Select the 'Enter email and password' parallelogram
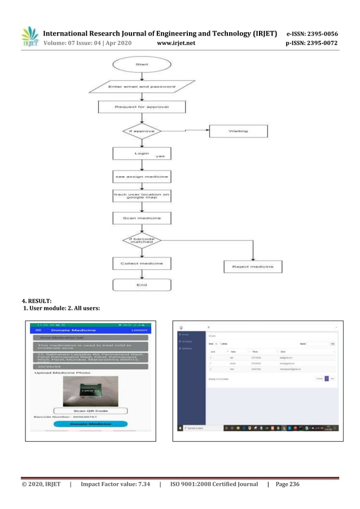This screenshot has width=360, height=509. click(x=141, y=88)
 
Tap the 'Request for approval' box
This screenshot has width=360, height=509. click(x=141, y=107)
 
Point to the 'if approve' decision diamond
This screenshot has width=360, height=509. click(x=141, y=131)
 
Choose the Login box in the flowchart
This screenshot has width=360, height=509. click(x=141, y=153)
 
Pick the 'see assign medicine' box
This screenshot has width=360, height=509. click(x=141, y=177)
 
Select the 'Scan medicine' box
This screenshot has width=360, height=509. click(x=141, y=218)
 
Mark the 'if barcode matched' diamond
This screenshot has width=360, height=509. click(x=141, y=241)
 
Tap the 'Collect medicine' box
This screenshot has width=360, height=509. click(x=141, y=264)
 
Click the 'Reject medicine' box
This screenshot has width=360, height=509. click(x=253, y=266)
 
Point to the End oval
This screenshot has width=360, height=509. click(x=141, y=284)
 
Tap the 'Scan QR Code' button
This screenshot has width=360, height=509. click(x=90, y=411)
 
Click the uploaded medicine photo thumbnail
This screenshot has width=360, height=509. click(x=90, y=391)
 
